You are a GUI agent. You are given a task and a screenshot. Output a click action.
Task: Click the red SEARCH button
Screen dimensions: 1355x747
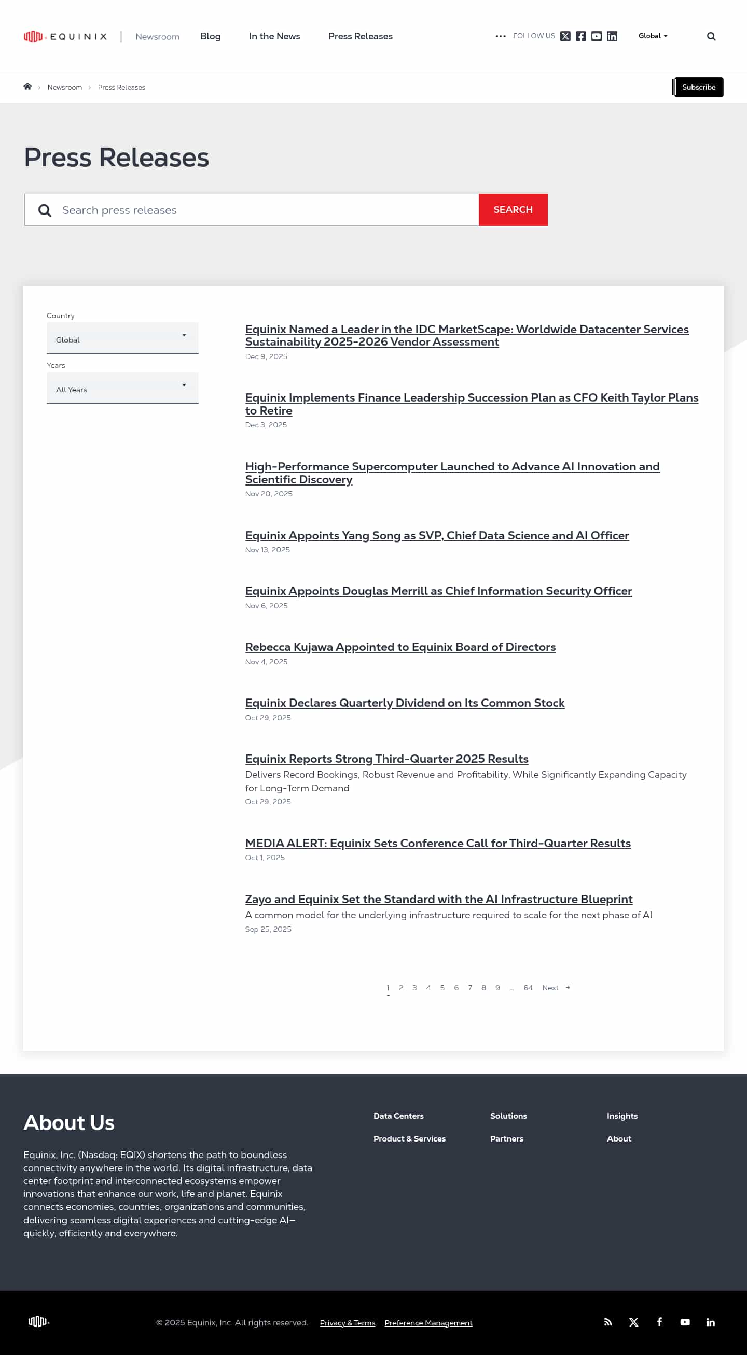point(512,210)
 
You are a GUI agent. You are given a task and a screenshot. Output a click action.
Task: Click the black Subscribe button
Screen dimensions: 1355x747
point(698,88)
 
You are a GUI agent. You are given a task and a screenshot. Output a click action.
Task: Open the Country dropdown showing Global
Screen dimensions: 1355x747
point(122,339)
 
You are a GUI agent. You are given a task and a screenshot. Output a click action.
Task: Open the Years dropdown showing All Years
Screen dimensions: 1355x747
point(122,388)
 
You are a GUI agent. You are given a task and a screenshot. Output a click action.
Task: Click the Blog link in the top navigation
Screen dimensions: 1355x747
point(210,36)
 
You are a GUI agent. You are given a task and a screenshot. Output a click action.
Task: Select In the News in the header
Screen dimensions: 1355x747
point(274,36)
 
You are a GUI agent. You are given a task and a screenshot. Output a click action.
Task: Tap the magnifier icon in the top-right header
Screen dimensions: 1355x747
point(711,36)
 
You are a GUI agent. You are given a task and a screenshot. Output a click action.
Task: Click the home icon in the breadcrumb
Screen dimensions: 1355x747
point(27,87)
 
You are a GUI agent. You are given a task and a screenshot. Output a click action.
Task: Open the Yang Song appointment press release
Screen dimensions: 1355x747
point(436,535)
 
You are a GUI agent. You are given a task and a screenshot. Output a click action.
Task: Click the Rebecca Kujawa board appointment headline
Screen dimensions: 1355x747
point(400,647)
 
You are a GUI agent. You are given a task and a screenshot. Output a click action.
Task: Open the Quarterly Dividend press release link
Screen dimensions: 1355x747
point(404,703)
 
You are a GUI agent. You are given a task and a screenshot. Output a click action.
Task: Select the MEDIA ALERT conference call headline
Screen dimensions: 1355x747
point(437,843)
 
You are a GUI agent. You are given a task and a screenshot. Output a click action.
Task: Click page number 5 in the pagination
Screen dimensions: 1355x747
point(442,987)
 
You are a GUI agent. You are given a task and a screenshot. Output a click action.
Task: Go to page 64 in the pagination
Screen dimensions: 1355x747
point(528,987)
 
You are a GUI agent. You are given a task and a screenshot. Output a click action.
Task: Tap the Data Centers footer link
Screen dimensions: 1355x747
point(398,1116)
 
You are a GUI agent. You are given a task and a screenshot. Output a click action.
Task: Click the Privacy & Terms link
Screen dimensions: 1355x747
point(347,1323)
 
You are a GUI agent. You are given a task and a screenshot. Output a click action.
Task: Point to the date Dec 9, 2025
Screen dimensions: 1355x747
point(266,356)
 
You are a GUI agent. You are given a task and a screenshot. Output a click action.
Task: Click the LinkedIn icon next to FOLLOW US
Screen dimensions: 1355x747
point(612,36)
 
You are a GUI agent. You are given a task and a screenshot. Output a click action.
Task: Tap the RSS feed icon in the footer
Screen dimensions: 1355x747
point(607,1322)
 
